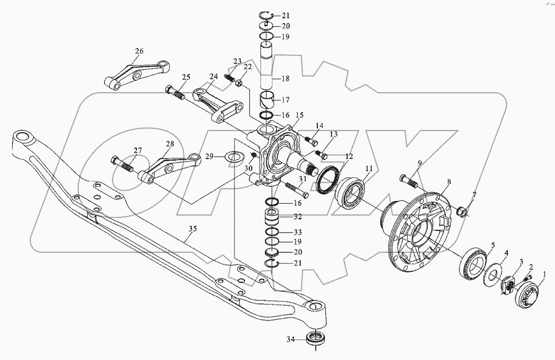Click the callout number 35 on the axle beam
(x=194, y=229)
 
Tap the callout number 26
(x=138, y=51)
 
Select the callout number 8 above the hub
(x=449, y=183)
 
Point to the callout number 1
(x=544, y=274)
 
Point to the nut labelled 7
(x=462, y=212)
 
